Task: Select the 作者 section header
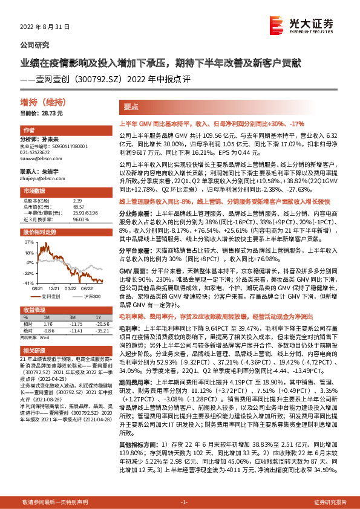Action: [29, 131]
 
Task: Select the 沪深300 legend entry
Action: [90, 297]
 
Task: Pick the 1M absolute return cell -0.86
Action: [50, 331]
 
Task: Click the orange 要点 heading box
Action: [133, 106]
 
